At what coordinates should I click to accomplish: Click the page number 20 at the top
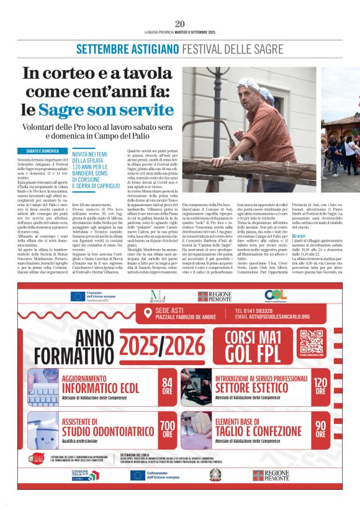click(x=180, y=24)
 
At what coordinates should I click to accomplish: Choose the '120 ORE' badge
click(x=320, y=386)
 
